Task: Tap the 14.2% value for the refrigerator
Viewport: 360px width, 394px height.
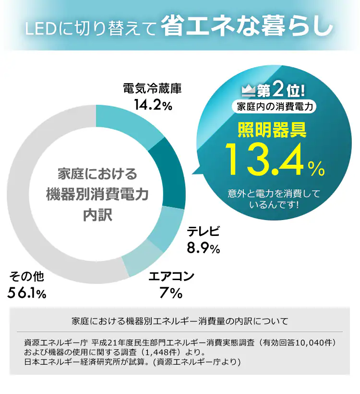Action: click(x=152, y=104)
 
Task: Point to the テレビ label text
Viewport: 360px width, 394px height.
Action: click(x=204, y=232)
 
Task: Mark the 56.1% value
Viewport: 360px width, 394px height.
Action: click(x=27, y=293)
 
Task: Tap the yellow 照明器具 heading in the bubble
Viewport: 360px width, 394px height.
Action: click(x=272, y=130)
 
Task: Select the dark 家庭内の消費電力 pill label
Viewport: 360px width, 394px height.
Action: click(x=275, y=107)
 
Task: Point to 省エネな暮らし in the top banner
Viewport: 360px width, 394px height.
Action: click(x=247, y=26)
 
